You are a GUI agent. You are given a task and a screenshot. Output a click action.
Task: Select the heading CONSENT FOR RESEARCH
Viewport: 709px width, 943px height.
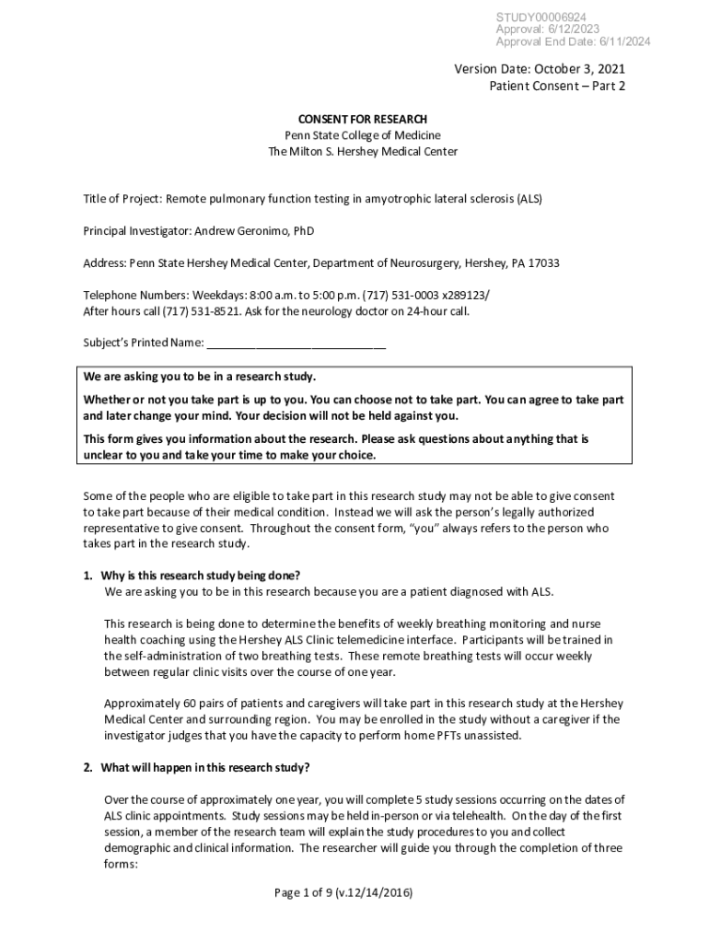point(362,120)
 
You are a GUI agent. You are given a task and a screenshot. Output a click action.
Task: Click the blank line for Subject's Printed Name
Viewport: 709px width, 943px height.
point(296,344)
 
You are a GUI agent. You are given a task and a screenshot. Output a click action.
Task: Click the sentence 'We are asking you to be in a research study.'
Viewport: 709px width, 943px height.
point(200,378)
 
